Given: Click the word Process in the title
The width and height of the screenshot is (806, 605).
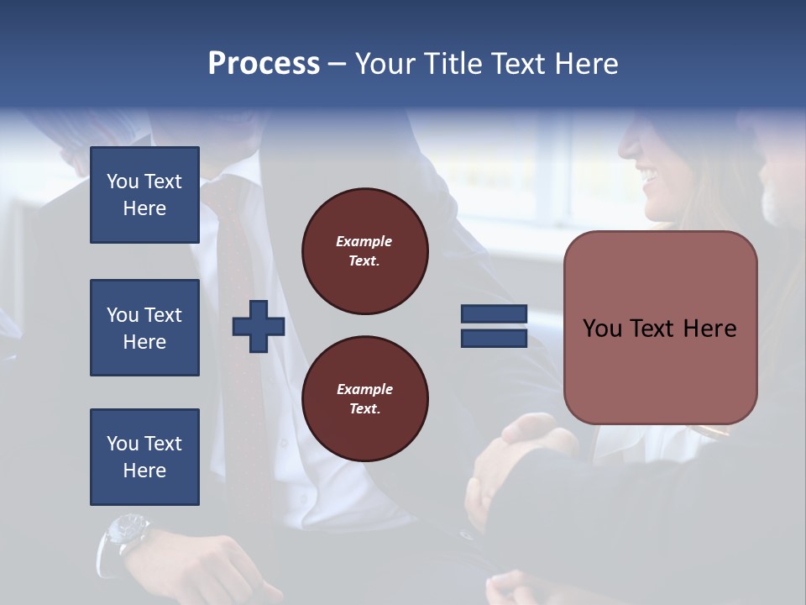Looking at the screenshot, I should point(264,64).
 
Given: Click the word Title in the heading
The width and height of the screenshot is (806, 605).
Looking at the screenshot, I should point(452,64).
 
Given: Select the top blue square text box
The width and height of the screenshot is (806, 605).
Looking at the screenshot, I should point(144,195).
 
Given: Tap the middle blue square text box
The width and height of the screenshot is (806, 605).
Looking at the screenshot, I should point(144,328).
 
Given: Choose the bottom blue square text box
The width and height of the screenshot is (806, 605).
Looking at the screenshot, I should point(144,457).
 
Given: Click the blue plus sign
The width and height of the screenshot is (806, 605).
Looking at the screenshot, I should point(259,327).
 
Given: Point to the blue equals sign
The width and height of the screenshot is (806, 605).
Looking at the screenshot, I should point(494,326).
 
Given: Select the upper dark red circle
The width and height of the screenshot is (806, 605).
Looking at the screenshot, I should point(365,251).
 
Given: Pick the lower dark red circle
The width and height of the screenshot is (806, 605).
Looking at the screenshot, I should point(365,399).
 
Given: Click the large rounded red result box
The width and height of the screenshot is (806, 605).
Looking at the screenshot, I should point(660,328).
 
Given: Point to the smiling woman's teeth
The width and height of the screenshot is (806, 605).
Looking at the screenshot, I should point(649,176).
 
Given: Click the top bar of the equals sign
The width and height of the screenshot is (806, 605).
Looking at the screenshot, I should point(494,314).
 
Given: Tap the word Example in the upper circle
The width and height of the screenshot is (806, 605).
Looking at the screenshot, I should point(364,241).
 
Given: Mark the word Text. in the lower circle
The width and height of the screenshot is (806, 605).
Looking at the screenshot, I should point(364,409).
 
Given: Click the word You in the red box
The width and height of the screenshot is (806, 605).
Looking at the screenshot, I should point(602,329).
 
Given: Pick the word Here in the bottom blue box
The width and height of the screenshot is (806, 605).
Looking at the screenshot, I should point(144,471).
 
